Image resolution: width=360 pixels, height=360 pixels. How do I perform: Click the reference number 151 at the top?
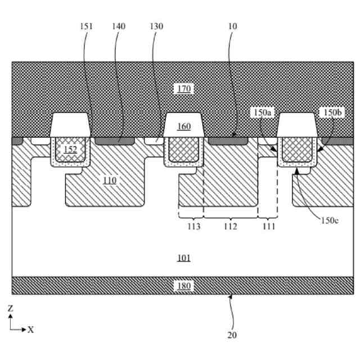[x=86, y=26]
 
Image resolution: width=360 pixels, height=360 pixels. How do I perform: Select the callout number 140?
[x=119, y=26]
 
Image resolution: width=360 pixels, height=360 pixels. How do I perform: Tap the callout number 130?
[x=157, y=26]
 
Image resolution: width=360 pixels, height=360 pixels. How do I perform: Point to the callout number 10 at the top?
[x=233, y=26]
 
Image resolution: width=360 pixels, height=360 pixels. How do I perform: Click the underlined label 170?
[x=184, y=88]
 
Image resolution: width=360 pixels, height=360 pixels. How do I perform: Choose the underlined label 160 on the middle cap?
[x=184, y=126]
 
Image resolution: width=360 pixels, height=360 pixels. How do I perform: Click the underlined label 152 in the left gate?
[x=70, y=150]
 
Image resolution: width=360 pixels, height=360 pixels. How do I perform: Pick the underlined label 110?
[x=110, y=180]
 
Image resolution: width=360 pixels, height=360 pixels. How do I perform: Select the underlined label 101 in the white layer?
[x=184, y=258]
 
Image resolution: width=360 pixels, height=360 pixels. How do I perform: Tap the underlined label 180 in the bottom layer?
[x=184, y=285]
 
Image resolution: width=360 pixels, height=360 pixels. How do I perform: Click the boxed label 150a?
[x=263, y=113]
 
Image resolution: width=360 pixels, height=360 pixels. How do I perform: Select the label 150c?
[x=330, y=220]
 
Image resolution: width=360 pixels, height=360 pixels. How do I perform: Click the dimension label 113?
[x=194, y=226]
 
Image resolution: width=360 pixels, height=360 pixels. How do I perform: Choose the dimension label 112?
[x=230, y=226]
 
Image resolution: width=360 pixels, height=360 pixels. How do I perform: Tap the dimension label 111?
[x=269, y=226]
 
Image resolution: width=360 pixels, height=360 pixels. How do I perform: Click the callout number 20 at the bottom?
[x=232, y=335]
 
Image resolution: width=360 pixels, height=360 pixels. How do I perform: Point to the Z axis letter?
[x=11, y=308]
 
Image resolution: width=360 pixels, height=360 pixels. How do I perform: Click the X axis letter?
[x=30, y=330]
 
